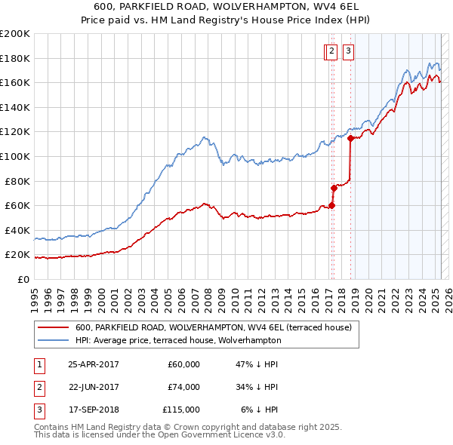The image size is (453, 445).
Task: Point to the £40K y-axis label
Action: coord(17,230)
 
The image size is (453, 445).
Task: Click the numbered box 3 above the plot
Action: coord(348,51)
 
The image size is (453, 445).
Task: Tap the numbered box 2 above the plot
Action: coord(331,51)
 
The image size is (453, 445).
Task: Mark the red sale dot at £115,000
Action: coord(350,138)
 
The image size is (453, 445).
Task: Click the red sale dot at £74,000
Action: coord(334,188)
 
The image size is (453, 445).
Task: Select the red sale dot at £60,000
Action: coord(331,205)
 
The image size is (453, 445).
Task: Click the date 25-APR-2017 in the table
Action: coord(94,364)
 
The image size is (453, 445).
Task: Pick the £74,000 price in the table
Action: coord(183,387)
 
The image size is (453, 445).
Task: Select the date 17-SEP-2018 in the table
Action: coord(94,410)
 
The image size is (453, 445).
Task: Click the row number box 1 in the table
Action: coord(39,364)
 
